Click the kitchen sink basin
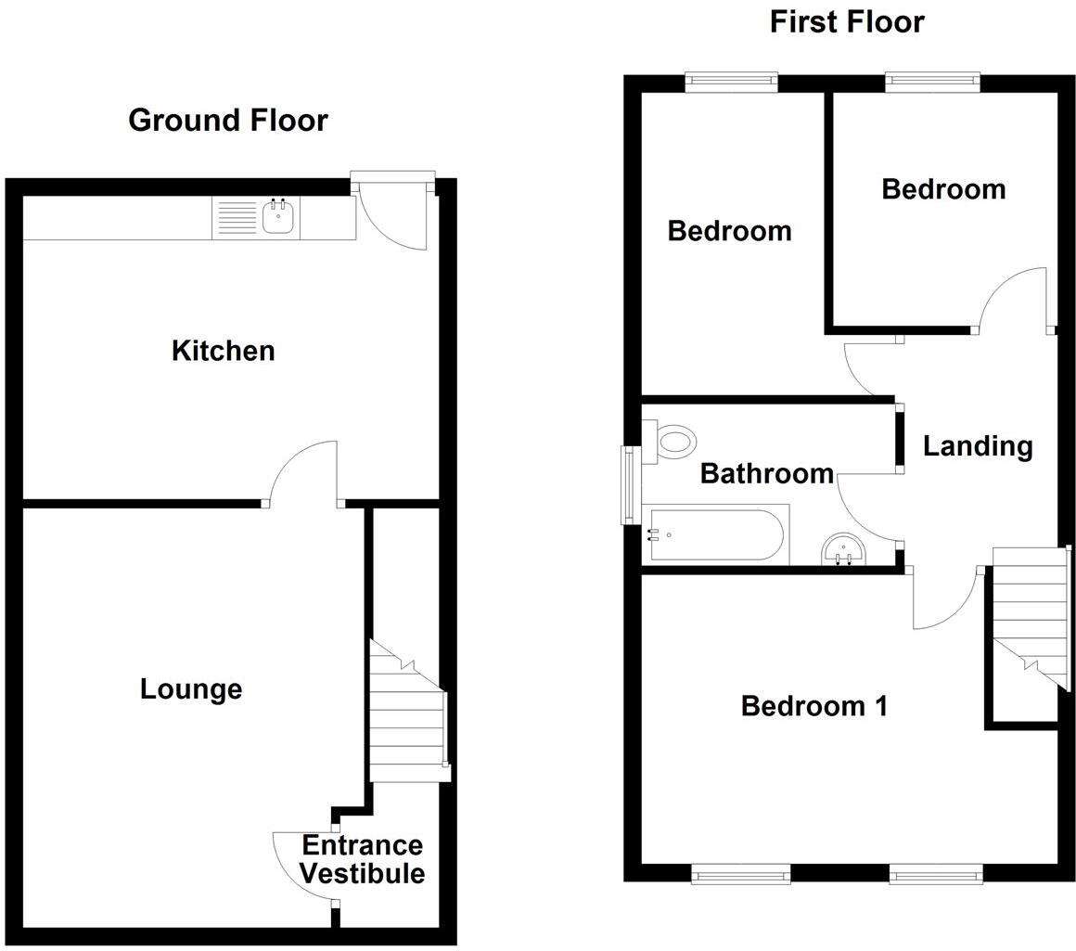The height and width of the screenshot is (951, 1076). (x=278, y=219)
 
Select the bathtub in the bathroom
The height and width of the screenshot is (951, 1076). (x=717, y=536)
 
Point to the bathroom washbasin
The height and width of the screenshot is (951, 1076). (x=844, y=551)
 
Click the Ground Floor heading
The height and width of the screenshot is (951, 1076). (x=227, y=120)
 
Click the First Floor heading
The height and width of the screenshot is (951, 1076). (x=846, y=21)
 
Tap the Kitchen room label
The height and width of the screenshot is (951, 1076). (x=224, y=351)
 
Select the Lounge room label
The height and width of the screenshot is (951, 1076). (x=191, y=688)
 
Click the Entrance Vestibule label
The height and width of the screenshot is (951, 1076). (x=362, y=859)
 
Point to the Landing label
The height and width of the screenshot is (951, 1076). (x=978, y=446)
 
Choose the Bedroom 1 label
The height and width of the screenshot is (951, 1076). (x=814, y=706)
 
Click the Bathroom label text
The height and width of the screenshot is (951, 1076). (x=766, y=473)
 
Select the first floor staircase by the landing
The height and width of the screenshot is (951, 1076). (x=1028, y=617)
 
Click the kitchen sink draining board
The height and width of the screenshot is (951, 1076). (x=237, y=219)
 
